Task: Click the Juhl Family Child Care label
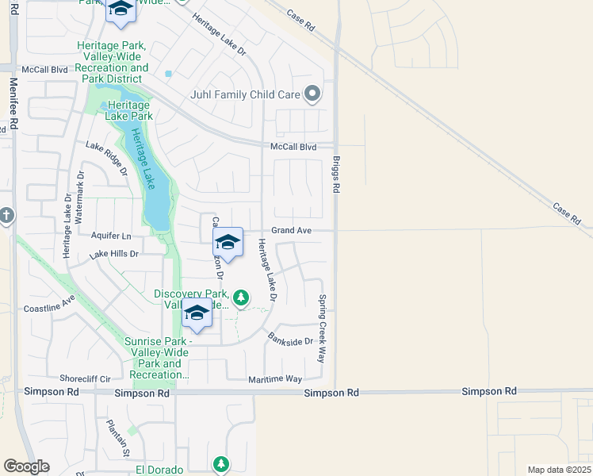[245, 94]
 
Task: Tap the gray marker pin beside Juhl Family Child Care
[312, 94]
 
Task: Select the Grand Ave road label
[292, 230]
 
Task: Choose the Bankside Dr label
[291, 338]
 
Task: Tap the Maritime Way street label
[275, 379]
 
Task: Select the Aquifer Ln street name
[112, 236]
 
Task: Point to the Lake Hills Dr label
[114, 254]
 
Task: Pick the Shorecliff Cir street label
[89, 378]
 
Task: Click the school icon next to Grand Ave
[228, 243]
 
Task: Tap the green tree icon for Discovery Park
[241, 297]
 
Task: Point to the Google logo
[26, 466]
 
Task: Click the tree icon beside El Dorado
[222, 464]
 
